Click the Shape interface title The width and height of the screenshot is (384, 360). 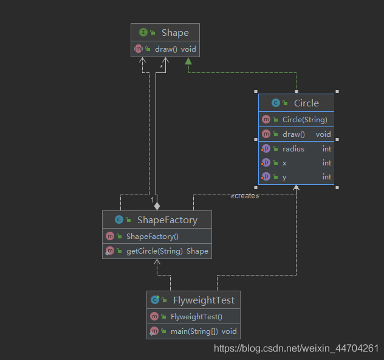[175, 33]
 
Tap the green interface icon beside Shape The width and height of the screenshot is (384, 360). [143, 32]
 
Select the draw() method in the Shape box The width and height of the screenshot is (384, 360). [166, 49]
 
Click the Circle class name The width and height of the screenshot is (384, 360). [306, 103]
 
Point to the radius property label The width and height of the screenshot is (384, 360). [293, 149]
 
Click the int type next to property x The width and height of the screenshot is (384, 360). [327, 163]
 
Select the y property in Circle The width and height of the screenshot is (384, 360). [284, 177]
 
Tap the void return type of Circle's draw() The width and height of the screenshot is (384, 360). [323, 134]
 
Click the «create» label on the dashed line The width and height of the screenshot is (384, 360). [245, 196]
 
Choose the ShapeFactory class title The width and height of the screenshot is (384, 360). [167, 220]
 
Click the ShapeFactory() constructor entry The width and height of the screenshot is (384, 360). [153, 237]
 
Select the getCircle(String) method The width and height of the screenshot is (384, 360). [154, 251]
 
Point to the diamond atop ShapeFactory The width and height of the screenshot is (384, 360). [157, 206]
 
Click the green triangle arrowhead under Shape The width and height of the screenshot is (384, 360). [188, 61]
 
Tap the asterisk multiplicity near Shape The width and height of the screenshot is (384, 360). [161, 67]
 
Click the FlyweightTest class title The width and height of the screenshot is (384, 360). [204, 300]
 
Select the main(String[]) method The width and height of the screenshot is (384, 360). [194, 331]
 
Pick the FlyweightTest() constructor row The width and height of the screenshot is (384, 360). [196, 317]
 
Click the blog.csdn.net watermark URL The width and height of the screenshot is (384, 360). [297, 348]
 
